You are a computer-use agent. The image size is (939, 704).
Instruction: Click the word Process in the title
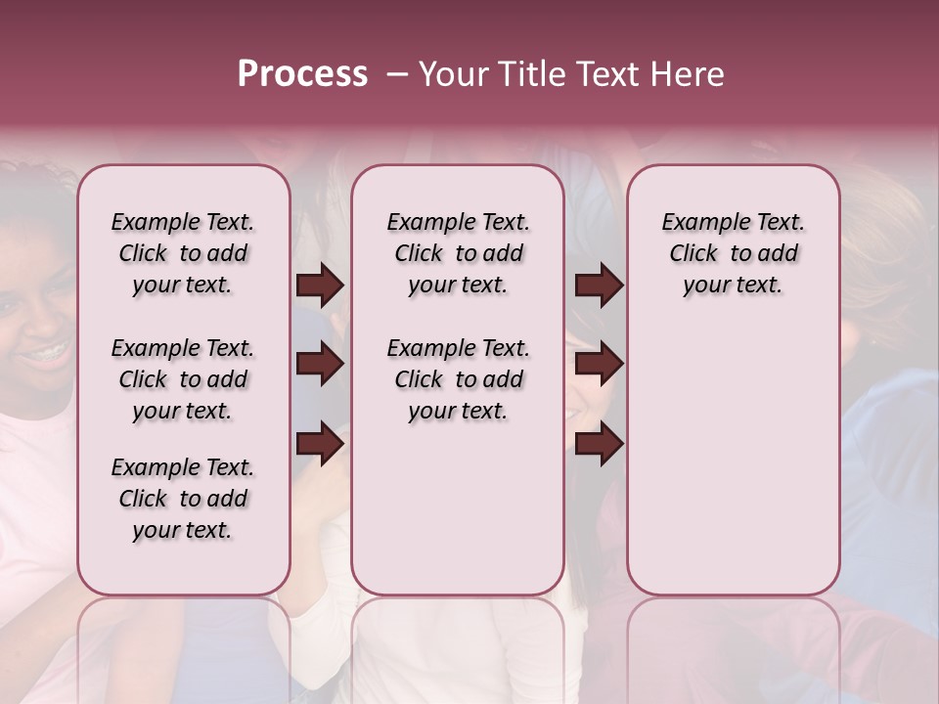click(302, 74)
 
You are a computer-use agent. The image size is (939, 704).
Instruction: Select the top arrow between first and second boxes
click(320, 286)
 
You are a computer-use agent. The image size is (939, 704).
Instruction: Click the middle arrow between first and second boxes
click(320, 365)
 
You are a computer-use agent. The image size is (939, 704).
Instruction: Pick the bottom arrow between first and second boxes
click(320, 444)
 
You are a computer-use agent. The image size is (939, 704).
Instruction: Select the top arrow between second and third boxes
click(599, 286)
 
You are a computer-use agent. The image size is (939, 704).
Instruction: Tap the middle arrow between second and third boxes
click(599, 365)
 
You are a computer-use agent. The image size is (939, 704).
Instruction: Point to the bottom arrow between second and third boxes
click(599, 444)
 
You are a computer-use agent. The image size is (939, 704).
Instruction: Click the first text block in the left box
click(183, 253)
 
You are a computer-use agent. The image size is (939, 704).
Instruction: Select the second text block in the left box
click(183, 379)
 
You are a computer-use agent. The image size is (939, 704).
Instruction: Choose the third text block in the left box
click(183, 499)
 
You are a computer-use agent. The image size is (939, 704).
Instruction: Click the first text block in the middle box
click(458, 253)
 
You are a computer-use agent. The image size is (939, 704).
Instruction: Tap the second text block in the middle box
click(458, 379)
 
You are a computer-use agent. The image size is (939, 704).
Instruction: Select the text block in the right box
click(734, 253)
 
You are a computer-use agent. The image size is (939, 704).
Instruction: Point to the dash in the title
click(397, 75)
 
